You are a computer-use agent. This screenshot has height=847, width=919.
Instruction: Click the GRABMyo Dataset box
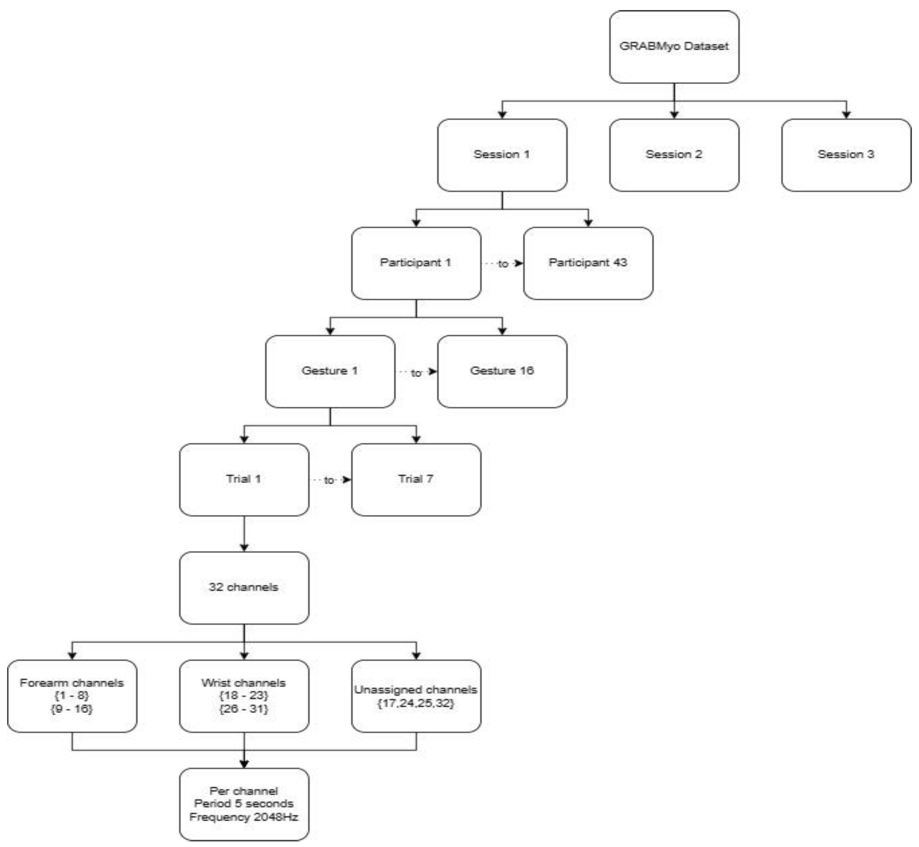(674, 47)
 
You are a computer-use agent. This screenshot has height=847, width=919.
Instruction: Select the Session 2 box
(674, 155)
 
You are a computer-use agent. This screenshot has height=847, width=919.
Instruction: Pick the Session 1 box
(502, 155)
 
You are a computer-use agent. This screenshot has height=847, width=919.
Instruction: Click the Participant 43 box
(588, 263)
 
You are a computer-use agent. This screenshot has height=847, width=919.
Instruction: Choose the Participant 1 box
(416, 263)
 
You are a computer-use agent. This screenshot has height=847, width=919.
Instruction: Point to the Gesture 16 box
(502, 371)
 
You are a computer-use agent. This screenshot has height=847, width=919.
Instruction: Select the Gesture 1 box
(330, 371)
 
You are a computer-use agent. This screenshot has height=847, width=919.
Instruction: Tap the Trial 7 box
(416, 479)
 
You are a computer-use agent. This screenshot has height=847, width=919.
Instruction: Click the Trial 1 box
(244, 479)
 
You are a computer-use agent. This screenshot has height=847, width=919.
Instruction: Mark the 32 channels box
(244, 588)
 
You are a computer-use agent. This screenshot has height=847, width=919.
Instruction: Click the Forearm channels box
(72, 696)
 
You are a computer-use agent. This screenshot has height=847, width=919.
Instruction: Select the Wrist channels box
(244, 696)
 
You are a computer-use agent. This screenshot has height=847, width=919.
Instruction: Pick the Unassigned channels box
(416, 696)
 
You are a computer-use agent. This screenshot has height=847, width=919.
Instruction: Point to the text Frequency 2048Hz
(244, 817)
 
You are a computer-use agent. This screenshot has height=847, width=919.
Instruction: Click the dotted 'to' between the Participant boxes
(503, 264)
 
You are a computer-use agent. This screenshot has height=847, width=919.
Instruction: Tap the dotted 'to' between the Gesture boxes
(416, 373)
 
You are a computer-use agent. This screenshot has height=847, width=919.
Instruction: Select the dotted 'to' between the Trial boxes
(329, 480)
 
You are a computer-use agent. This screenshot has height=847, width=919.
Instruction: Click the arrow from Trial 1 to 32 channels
(244, 534)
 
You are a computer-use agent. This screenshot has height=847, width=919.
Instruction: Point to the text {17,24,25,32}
(416, 703)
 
